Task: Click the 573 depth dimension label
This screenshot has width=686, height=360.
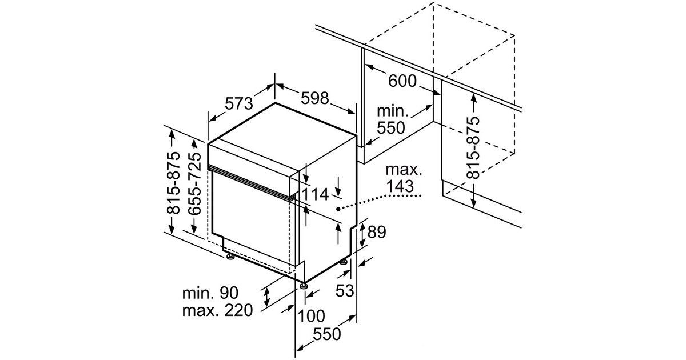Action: pos(238,104)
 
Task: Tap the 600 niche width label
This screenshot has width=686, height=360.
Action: pos(402,81)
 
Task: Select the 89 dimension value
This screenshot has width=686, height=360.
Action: pos(377,232)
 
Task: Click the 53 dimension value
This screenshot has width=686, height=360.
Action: pos(344,291)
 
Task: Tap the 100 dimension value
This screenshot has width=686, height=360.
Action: pos(311,315)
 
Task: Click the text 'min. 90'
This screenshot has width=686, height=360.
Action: pos(209,294)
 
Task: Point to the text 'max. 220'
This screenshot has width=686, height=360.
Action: pos(217,311)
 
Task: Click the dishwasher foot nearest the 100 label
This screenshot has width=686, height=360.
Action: pos(303,284)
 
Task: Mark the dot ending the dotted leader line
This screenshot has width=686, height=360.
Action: pos(339,209)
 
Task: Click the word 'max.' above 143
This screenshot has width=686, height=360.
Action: pos(403,170)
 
